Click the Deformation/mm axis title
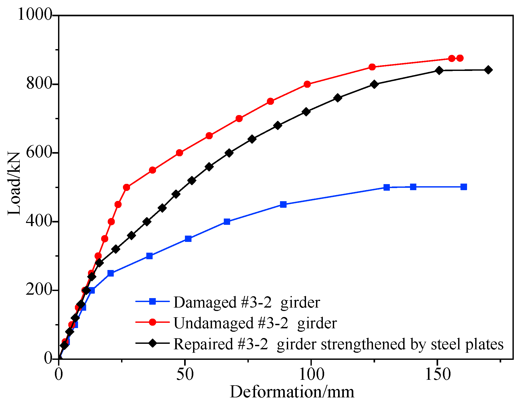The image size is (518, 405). [x=292, y=392]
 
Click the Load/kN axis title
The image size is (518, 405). [x=14, y=184]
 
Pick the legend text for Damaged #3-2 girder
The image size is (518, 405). [x=247, y=302]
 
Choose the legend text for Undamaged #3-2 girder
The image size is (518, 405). [x=255, y=323]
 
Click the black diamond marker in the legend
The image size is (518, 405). [x=152, y=343]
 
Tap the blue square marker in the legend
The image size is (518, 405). [x=152, y=301]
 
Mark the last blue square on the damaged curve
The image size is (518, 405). [x=464, y=187]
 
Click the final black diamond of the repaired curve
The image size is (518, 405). [x=488, y=70]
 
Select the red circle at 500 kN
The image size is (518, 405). [x=126, y=187]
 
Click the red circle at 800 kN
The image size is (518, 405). [x=307, y=84]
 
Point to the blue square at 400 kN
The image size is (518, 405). [x=227, y=222]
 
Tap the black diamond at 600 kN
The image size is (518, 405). [x=229, y=153]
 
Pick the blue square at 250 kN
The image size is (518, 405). [x=111, y=273]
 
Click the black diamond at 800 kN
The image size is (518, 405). [x=374, y=84]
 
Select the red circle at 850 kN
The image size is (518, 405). [x=372, y=67]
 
